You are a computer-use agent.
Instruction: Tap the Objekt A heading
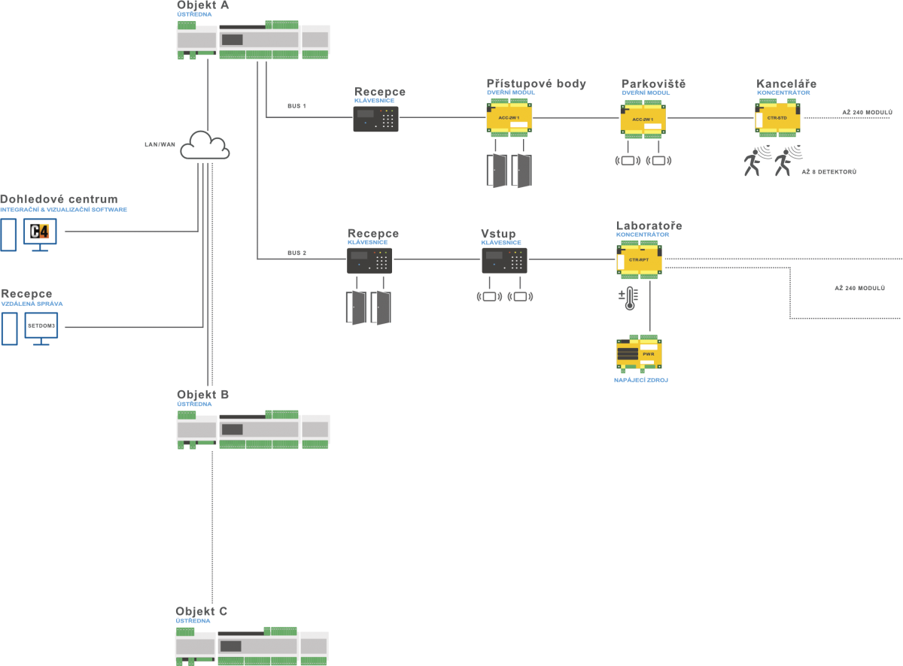click(202, 5)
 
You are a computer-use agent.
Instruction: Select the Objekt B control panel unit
click(253, 429)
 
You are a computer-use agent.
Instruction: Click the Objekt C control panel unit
click(251, 646)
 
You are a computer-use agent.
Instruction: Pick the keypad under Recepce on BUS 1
click(375, 119)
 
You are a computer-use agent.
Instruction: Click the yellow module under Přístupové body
click(509, 119)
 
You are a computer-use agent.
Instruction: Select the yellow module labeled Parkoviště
click(643, 119)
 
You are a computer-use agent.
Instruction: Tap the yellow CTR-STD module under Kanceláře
click(777, 118)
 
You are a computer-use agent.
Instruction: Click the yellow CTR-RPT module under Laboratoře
click(640, 259)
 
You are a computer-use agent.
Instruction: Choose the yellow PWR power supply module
click(639, 354)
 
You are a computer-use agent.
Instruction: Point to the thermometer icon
click(629, 298)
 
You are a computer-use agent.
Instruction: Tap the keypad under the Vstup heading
click(504, 260)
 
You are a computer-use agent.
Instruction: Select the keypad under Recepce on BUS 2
click(369, 260)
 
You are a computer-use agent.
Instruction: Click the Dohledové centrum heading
click(59, 199)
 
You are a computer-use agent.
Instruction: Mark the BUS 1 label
click(296, 106)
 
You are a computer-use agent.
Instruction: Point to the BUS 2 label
click(296, 253)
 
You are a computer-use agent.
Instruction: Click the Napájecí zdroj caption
click(640, 380)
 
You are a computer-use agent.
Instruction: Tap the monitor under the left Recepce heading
click(41, 327)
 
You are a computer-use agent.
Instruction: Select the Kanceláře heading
click(786, 83)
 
